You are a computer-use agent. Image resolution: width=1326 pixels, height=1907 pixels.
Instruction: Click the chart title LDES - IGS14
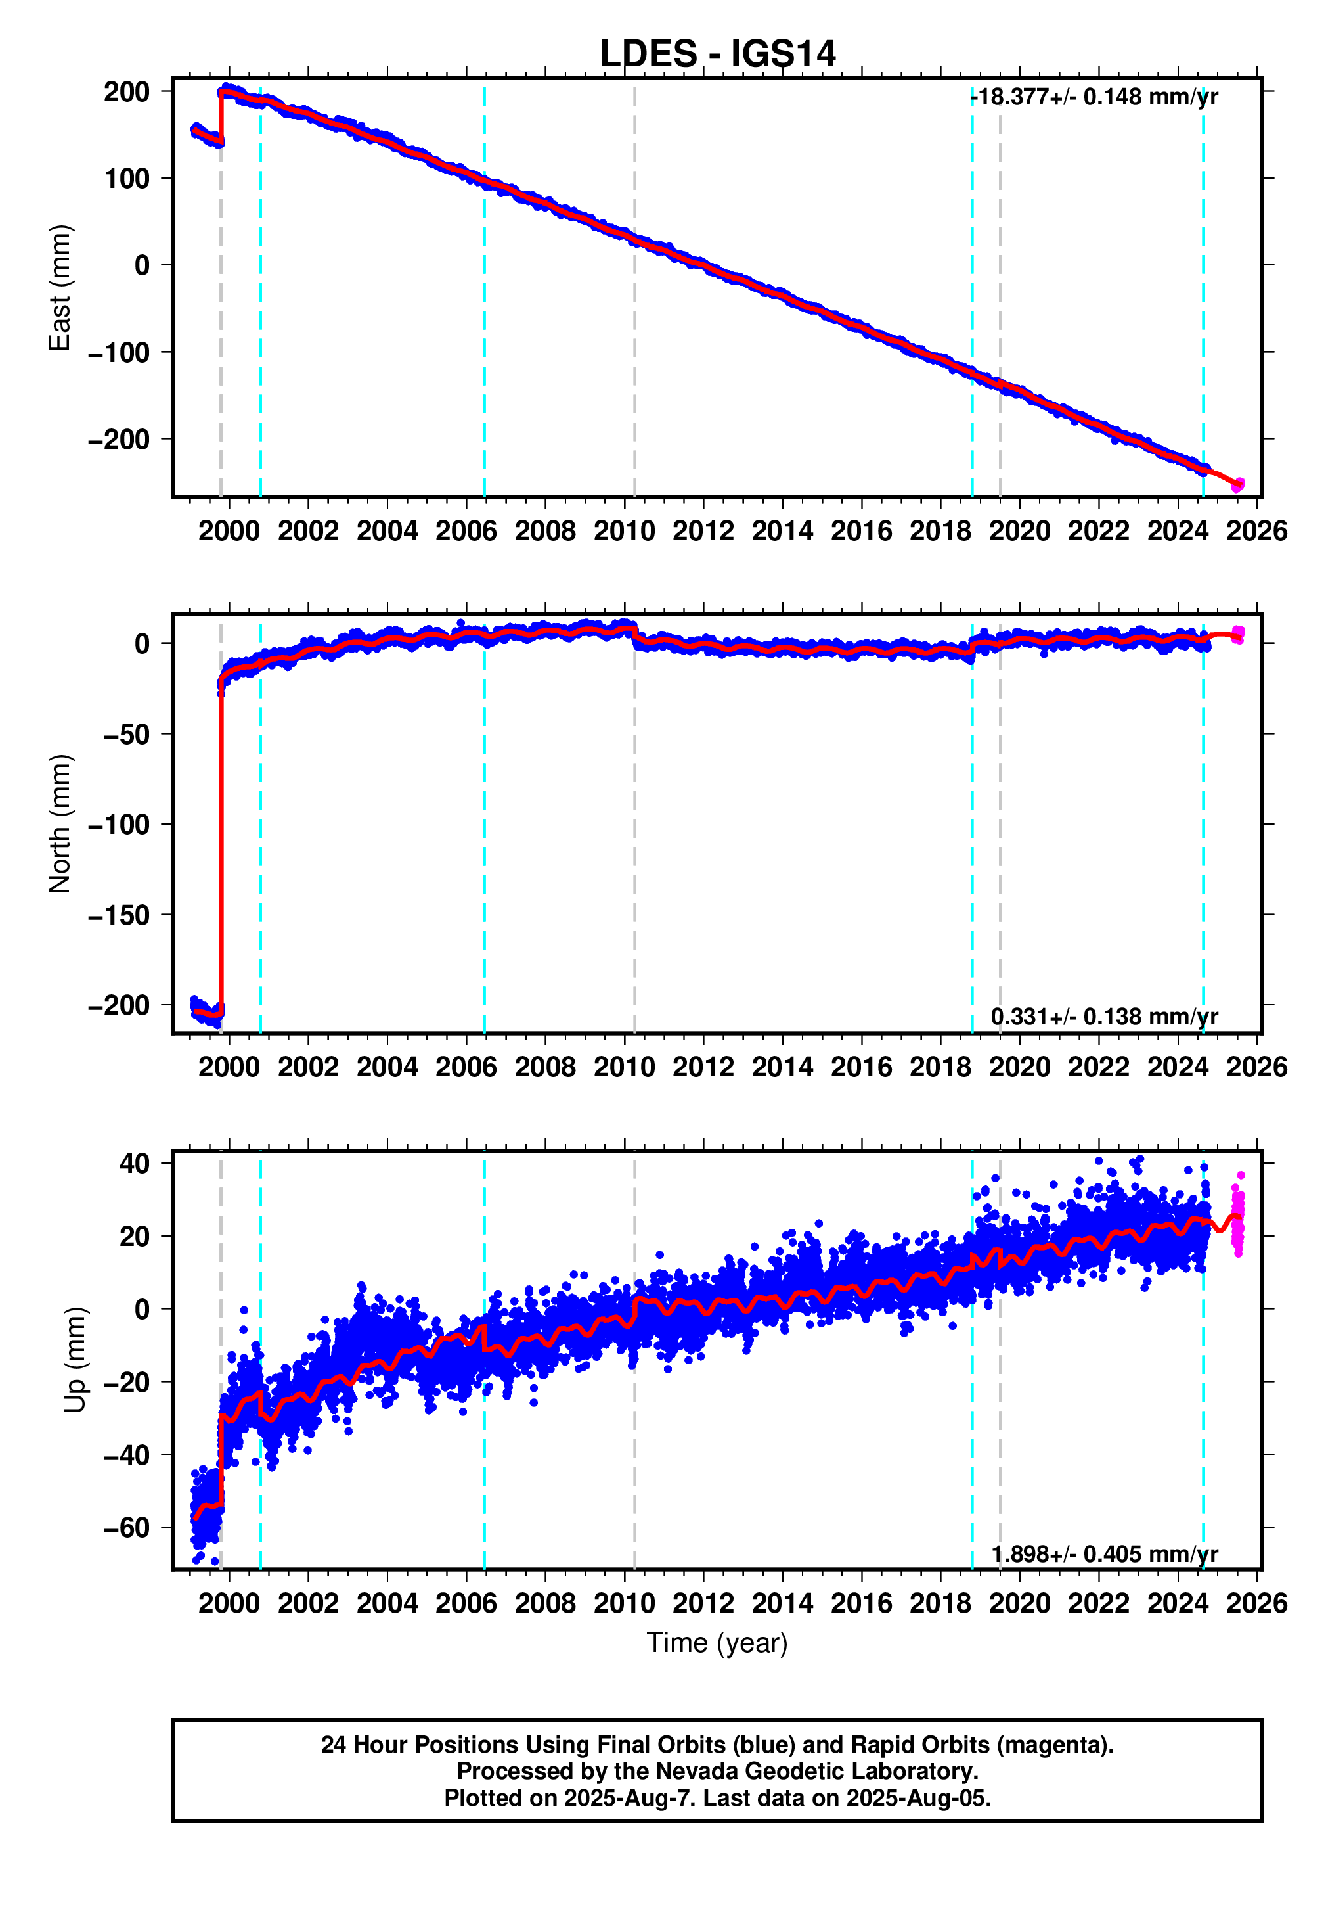pyautogui.click(x=717, y=54)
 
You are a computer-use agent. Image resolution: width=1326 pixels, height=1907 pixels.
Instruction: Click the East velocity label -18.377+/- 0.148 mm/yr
pyautogui.click(x=1094, y=97)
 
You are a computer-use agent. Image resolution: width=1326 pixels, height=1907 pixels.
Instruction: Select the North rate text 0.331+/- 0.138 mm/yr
pyautogui.click(x=1103, y=1017)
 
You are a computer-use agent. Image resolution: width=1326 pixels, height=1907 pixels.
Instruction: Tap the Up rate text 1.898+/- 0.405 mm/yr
pyautogui.click(x=1103, y=1554)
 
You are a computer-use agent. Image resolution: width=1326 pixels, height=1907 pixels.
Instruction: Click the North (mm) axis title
pyautogui.click(x=60, y=824)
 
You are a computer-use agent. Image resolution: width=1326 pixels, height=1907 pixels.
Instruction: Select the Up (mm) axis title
pyautogui.click(x=75, y=1360)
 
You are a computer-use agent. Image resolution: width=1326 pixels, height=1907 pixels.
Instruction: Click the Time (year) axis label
pyautogui.click(x=717, y=1643)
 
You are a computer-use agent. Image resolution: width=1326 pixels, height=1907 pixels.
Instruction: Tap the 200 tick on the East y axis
pyautogui.click(x=126, y=91)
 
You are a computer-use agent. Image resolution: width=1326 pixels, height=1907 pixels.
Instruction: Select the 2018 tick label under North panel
pyautogui.click(x=940, y=1067)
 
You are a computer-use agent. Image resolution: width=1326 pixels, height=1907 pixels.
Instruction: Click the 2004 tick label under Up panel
pyautogui.click(x=387, y=1603)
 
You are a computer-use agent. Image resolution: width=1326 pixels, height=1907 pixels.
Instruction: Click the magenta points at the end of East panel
pyautogui.click(x=1237, y=484)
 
